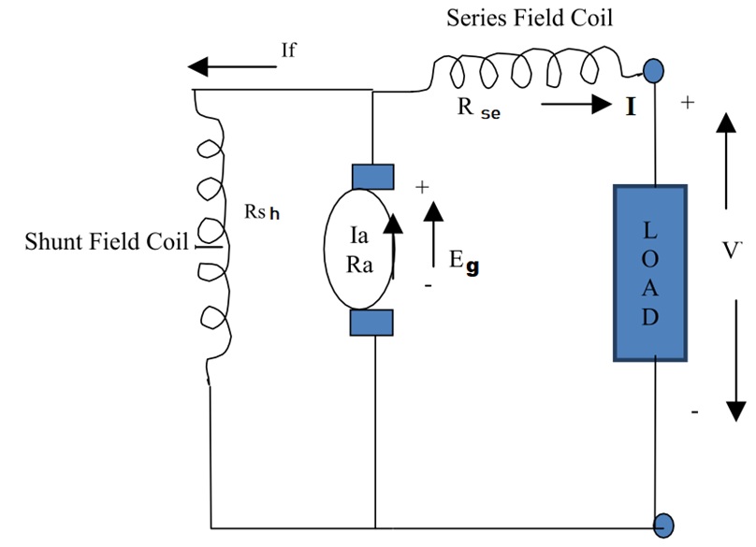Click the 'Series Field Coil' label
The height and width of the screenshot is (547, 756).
(530, 18)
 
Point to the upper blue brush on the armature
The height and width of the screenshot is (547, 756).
(371, 176)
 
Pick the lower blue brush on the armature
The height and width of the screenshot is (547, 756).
(371, 323)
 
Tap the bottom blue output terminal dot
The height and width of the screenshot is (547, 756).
(664, 525)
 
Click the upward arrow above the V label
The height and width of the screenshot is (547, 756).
(725, 160)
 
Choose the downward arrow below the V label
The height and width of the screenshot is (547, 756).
(734, 360)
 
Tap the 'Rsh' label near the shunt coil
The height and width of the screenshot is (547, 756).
(262, 211)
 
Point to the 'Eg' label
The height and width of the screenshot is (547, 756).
(463, 264)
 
